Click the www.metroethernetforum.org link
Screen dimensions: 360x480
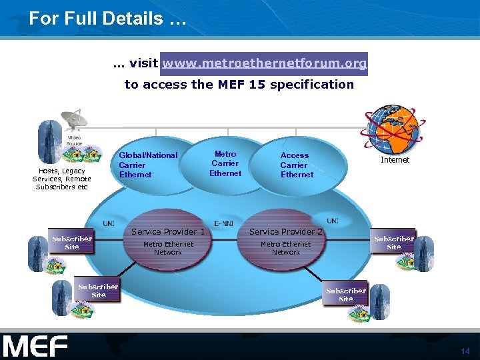click(264, 63)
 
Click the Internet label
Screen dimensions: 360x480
click(395, 160)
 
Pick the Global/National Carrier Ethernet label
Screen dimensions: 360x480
click(148, 165)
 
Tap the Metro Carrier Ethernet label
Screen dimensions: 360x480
click(225, 163)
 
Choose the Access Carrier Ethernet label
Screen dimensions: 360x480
click(296, 165)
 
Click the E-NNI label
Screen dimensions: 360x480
click(223, 223)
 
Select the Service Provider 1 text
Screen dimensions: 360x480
click(168, 232)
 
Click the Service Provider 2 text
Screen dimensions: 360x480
click(286, 232)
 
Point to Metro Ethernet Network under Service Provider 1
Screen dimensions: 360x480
click(168, 248)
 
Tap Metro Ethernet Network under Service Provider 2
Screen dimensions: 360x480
click(285, 248)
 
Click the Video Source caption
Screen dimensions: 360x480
click(74, 141)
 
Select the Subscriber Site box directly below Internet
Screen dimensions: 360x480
click(393, 243)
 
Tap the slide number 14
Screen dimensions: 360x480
click(465, 351)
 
